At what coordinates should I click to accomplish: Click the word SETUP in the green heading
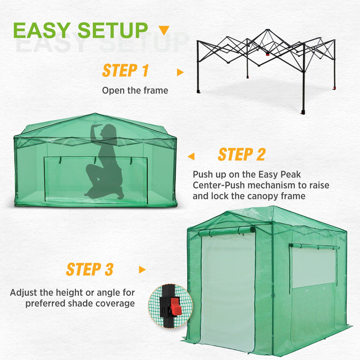113,31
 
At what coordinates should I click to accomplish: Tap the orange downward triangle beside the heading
164,30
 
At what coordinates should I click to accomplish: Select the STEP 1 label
125,71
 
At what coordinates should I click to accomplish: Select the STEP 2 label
241,155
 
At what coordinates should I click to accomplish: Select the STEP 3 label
90,270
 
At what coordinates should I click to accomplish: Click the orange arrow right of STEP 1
180,72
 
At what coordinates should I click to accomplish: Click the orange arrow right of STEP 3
142,270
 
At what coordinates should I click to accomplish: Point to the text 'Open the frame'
135,90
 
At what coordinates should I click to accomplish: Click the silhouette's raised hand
96,127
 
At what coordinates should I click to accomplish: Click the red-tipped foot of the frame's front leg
303,112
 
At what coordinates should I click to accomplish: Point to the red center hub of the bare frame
267,54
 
